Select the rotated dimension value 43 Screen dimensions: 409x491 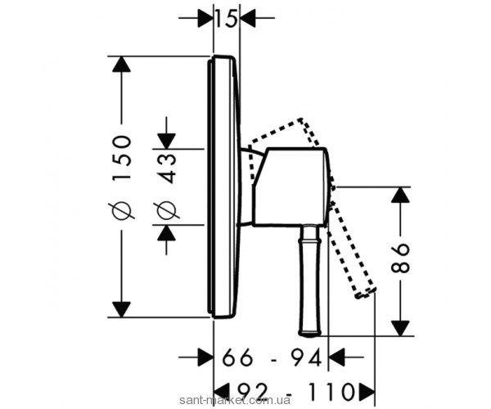167,166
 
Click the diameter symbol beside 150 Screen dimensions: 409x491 121,210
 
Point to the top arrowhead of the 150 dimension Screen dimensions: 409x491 121,65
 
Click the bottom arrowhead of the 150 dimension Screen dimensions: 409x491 121,310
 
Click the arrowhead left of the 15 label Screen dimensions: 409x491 205,17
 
